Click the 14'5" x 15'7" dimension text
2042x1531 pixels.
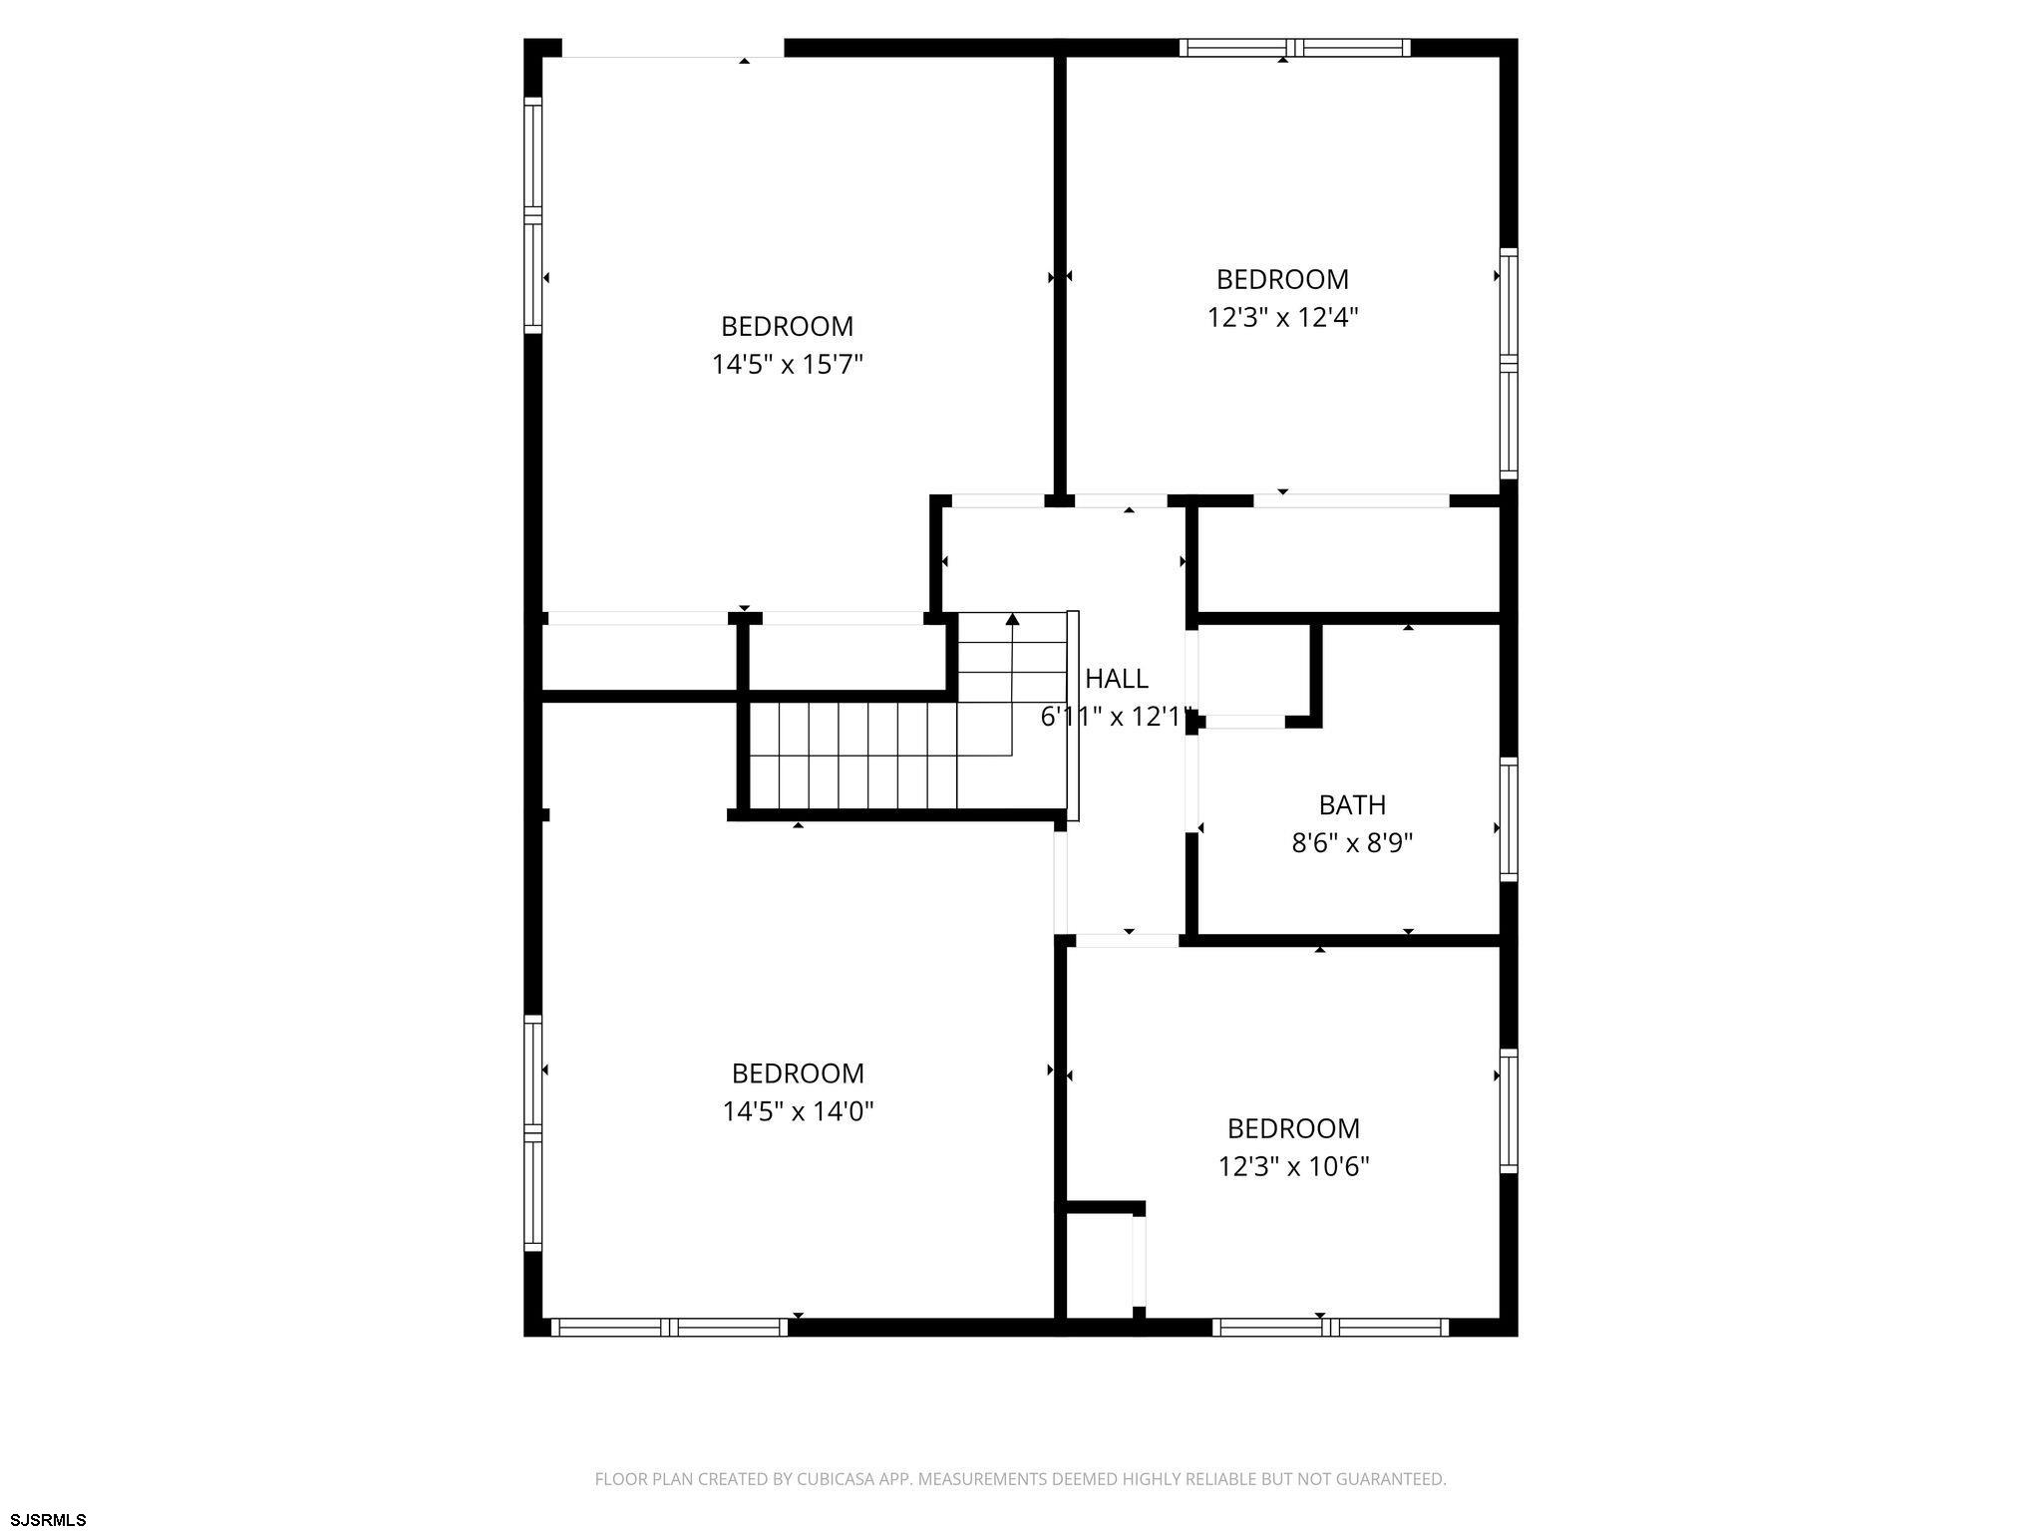(x=787, y=365)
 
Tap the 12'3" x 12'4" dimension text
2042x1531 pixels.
(x=1282, y=317)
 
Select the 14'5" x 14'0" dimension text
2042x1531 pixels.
(x=798, y=1111)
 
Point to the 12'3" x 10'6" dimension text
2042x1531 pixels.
(x=1293, y=1166)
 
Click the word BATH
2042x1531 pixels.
(x=1352, y=804)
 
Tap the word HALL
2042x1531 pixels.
(x=1117, y=679)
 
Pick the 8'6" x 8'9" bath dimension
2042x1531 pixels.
(x=1352, y=844)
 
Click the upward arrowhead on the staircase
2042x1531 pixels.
(x=1012, y=619)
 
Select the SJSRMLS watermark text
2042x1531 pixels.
(x=49, y=1519)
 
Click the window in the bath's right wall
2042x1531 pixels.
(x=1509, y=819)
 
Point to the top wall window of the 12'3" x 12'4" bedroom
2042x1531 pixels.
(x=1294, y=48)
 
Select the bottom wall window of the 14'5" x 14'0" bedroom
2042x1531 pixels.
(x=669, y=1327)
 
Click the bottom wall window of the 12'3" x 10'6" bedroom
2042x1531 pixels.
(x=1330, y=1327)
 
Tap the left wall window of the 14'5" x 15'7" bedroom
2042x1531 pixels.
(x=533, y=215)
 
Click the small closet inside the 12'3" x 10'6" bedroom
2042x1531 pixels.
(x=1101, y=1265)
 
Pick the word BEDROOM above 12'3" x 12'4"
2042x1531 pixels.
(x=1282, y=279)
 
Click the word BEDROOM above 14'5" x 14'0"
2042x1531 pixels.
(x=798, y=1073)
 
